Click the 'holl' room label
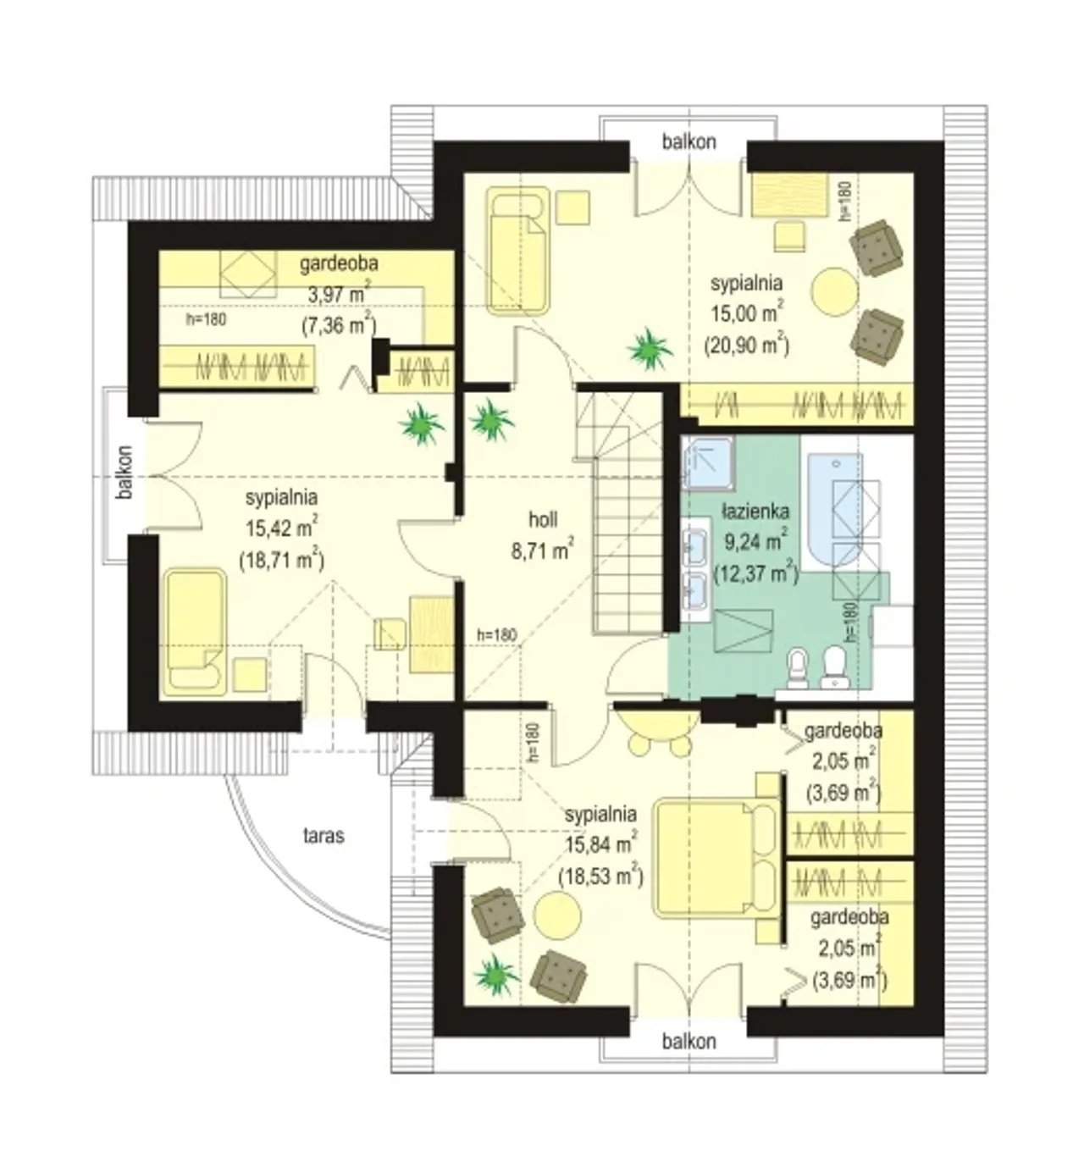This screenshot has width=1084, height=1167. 543,519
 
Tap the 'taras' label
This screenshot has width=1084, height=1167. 324,836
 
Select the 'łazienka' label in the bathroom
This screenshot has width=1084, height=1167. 755,512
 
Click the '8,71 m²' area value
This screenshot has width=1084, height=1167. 543,550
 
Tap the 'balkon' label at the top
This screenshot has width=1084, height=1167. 689,142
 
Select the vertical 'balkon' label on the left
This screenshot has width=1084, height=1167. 124,473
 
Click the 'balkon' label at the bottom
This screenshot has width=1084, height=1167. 689,1042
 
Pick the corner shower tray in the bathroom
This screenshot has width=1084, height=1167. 708,463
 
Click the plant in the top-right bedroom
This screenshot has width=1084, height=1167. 650,349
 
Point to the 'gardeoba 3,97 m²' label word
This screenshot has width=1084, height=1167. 339,264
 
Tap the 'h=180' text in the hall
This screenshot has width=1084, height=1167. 497,634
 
